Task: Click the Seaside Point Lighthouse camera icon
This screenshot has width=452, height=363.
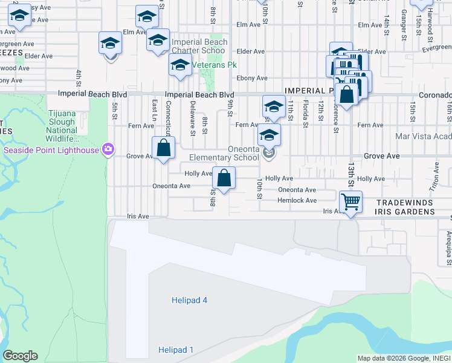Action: tap(108, 149)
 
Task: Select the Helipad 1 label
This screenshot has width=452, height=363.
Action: tap(176, 350)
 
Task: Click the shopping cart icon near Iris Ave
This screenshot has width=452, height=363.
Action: tap(350, 201)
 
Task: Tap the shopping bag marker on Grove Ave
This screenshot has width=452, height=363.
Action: tap(164, 147)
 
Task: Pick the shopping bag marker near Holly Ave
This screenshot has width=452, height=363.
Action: tap(224, 178)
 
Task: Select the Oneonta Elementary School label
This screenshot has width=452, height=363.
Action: tap(224, 153)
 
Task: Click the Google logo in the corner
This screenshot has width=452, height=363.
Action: tap(20, 356)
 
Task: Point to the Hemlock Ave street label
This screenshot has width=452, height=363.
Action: tap(297, 200)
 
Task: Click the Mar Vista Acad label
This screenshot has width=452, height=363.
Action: tap(422, 136)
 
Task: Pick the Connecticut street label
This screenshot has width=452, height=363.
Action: tap(169, 117)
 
